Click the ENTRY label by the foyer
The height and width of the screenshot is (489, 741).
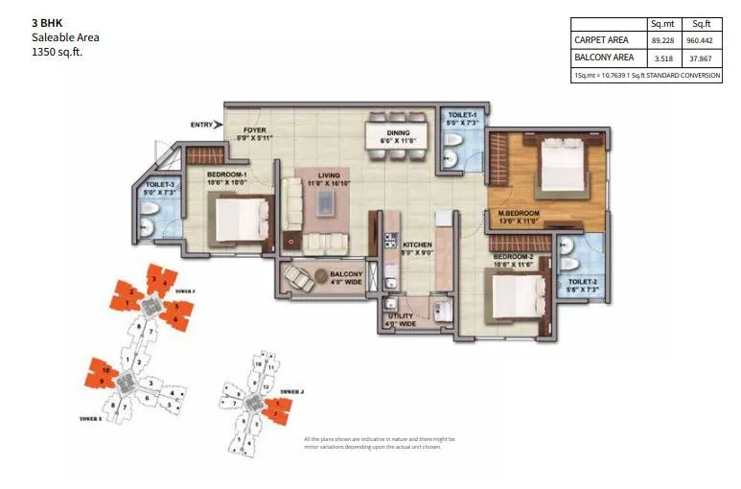200,124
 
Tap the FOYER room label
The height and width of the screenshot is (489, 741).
254,129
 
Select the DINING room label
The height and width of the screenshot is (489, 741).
398,133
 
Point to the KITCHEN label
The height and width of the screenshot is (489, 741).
417,244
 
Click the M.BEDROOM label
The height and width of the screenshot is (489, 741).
519,212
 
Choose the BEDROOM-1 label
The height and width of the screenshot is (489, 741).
227,174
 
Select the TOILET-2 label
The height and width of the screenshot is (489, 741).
581,280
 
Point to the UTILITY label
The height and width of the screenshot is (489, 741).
401,314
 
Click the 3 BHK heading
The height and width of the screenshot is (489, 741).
47,22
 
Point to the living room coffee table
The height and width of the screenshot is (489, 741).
328,202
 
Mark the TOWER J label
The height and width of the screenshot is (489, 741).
292,392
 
